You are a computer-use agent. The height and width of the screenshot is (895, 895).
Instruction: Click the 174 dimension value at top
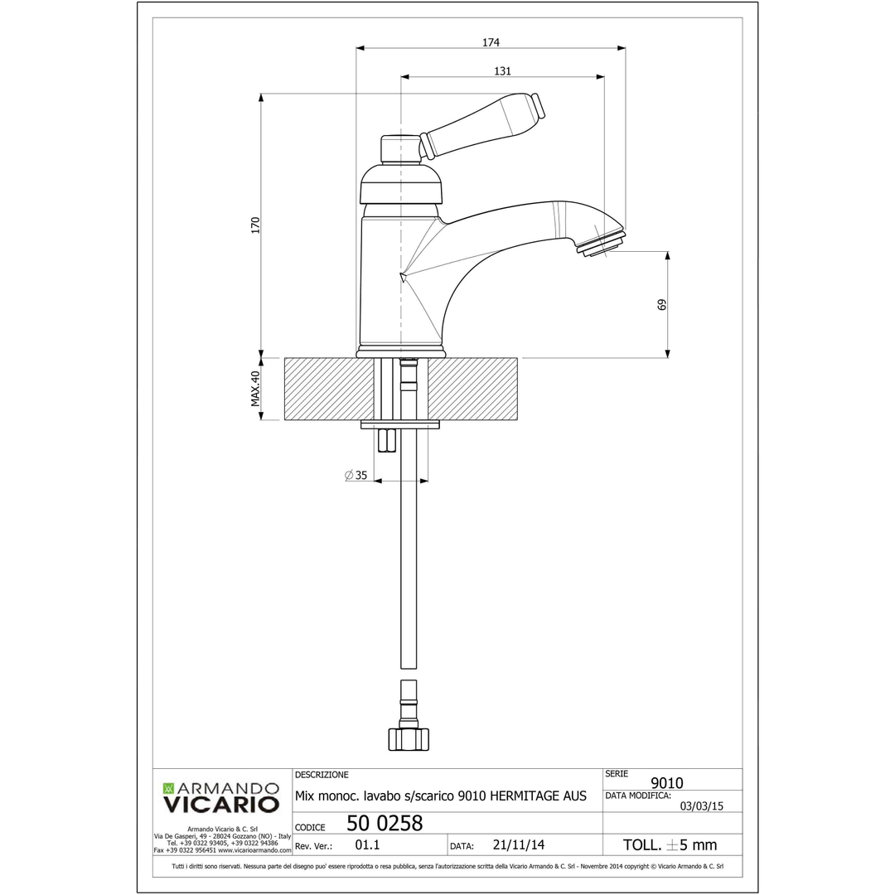coord(491,41)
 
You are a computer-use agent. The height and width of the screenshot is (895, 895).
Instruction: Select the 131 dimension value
coord(502,71)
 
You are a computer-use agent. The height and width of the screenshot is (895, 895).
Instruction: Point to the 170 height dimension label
coord(255,225)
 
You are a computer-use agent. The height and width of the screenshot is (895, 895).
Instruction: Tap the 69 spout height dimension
coord(661,304)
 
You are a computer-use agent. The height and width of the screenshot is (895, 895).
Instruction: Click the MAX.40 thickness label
coord(255,389)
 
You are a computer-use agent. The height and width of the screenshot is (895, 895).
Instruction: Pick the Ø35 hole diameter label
coord(356,475)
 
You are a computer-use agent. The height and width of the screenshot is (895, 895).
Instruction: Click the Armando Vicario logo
coord(221,796)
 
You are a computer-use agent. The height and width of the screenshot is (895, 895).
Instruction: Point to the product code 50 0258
coord(385,824)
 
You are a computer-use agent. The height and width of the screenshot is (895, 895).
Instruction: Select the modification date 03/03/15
coord(702,805)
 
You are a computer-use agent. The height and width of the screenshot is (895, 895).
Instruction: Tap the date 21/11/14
coord(518,846)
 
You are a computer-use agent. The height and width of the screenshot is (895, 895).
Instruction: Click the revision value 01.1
coord(367,846)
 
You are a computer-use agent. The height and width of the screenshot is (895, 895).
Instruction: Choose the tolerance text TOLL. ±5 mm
coord(670,845)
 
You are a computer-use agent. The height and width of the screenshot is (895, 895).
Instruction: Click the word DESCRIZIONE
coord(322,775)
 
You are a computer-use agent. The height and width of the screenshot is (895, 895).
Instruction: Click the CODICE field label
coord(310,827)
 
